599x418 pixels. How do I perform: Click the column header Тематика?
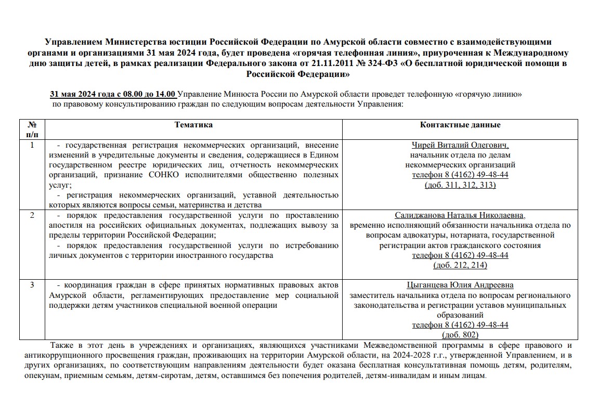(193, 125)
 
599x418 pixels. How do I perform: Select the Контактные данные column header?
(460, 125)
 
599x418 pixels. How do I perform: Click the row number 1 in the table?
(32, 145)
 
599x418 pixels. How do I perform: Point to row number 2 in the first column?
(32, 215)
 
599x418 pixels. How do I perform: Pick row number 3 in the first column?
(32, 285)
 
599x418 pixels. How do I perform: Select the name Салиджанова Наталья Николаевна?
(460, 215)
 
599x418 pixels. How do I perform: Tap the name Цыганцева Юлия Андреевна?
(460, 285)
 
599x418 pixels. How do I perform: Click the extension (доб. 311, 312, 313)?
(460, 185)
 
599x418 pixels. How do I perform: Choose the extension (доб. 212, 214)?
(460, 266)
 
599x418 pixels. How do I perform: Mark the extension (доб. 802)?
(460, 335)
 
